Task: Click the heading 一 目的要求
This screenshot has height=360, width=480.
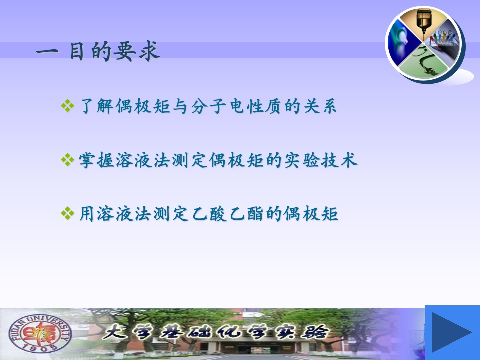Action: click(x=98, y=51)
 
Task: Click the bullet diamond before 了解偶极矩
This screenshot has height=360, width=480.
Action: click(x=67, y=106)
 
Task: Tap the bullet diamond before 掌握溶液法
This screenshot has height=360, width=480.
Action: click(x=67, y=160)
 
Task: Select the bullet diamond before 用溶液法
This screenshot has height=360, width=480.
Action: click(x=67, y=213)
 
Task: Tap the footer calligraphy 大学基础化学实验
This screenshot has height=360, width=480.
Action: click(x=216, y=332)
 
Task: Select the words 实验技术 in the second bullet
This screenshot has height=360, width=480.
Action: click(x=321, y=160)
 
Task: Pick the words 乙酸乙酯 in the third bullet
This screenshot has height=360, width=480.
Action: click(x=228, y=213)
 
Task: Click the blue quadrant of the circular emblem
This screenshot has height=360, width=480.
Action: click(x=402, y=43)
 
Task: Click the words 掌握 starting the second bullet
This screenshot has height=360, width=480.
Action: click(x=96, y=160)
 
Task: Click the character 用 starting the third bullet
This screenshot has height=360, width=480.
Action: click(x=87, y=213)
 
